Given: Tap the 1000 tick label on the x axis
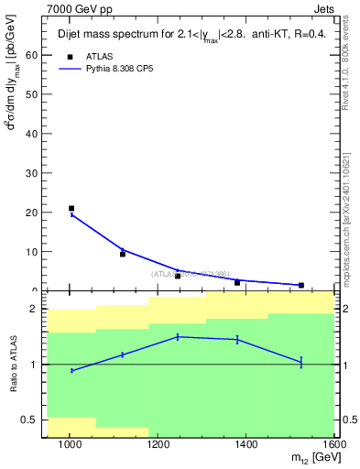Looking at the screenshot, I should pos(70,445).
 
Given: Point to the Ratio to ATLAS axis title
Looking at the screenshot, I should pos(13,365).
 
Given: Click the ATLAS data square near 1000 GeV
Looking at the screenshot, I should pos(71,209).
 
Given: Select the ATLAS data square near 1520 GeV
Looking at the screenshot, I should pos(300,285).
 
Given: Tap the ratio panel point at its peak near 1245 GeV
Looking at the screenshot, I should pos(178,337).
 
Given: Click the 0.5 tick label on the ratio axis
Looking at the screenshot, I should pos(30,420).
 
